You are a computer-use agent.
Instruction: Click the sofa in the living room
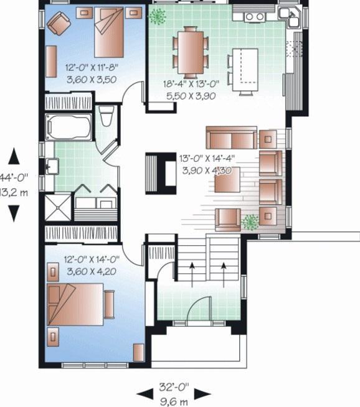point(231,137)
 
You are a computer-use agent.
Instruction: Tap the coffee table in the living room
point(228,180)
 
